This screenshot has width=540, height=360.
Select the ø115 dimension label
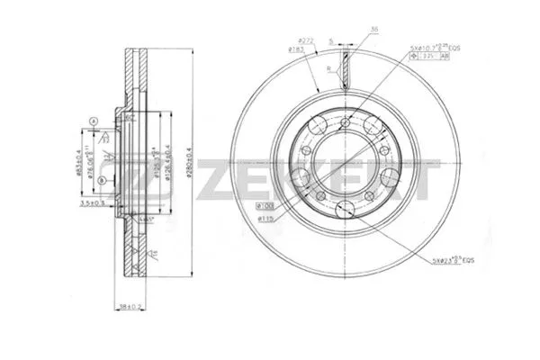[x=266, y=219]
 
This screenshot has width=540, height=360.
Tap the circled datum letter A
[x=93, y=121]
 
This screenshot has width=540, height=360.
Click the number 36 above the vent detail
[x=372, y=29]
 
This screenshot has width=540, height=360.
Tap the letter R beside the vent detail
[x=330, y=68]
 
